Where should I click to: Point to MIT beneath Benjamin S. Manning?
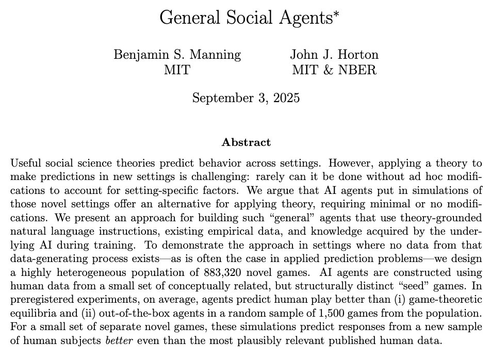click(176, 70)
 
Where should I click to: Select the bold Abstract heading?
click(246, 141)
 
